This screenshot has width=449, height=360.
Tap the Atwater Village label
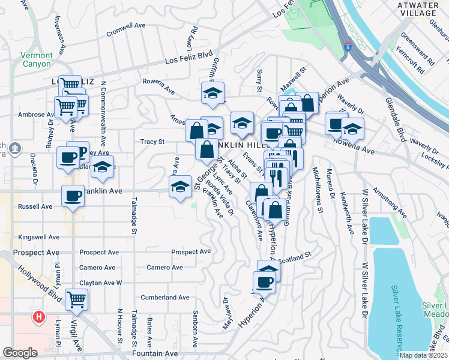pyautogui.click(x=417, y=8)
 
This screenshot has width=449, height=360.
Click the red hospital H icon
pyautogui.click(x=39, y=316)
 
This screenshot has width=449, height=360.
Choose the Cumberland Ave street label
pyautogui.click(x=165, y=298)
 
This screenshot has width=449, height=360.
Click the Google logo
pyautogui.click(x=20, y=353)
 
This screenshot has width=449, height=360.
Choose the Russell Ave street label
pyautogui.click(x=35, y=206)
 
